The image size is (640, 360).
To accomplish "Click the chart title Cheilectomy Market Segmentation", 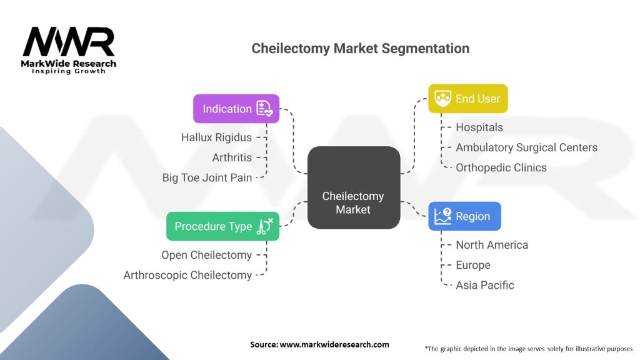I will [360, 49].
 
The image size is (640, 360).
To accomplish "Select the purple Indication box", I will [236, 109].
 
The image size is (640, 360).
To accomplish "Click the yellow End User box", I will [467, 99].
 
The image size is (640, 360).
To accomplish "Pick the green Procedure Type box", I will [222, 226].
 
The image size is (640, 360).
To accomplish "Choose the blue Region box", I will [464, 216].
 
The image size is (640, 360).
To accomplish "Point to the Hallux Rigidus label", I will [216, 137].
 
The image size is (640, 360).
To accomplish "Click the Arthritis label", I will [232, 157].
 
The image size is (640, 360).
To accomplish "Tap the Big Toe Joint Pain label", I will [207, 177].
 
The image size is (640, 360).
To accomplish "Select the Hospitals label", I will [479, 127].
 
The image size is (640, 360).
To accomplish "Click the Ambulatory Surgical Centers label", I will [526, 147].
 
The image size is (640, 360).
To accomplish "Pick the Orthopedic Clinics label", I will [501, 167].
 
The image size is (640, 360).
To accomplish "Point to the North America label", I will [491, 245].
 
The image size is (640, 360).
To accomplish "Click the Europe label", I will [472, 265].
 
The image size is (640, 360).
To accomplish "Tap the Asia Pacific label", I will [484, 285].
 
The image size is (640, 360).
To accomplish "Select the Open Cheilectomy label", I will [206, 255].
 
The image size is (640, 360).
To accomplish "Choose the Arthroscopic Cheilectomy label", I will [187, 275].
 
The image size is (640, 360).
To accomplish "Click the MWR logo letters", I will [69, 42].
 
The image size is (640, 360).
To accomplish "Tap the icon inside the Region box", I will [442, 216].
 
